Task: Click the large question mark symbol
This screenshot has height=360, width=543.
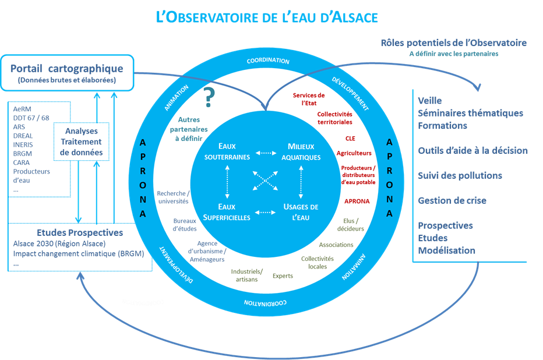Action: click(209, 98)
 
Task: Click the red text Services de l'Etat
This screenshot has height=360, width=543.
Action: click(309, 98)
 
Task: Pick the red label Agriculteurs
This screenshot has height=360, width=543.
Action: click(354, 153)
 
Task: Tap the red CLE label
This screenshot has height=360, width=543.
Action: click(350, 139)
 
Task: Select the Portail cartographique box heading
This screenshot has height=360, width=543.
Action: click(67, 68)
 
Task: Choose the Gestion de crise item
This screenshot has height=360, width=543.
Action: click(452, 200)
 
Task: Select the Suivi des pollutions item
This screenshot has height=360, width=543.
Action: click(460, 175)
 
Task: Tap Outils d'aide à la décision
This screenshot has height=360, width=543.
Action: click(473, 151)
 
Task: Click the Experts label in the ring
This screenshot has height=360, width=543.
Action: click(283, 276)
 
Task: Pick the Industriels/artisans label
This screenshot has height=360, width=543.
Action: click(247, 275)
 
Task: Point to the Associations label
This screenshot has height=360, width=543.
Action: click(336, 245)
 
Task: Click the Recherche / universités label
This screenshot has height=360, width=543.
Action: click(172, 197)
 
